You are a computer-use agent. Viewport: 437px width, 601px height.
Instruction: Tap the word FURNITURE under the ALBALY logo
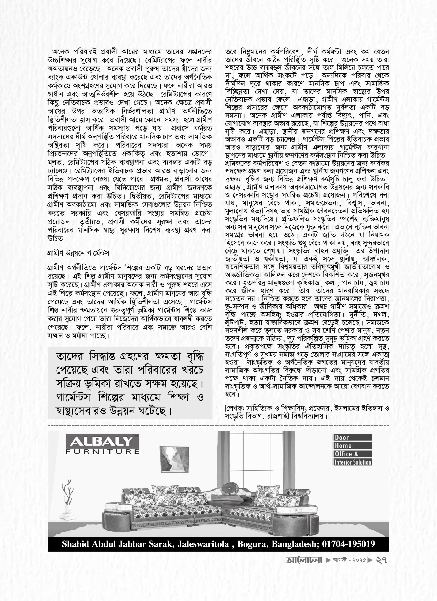click(x=102, y=451)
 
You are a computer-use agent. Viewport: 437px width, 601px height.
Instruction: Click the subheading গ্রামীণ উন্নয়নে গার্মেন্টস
click(x=78, y=253)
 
